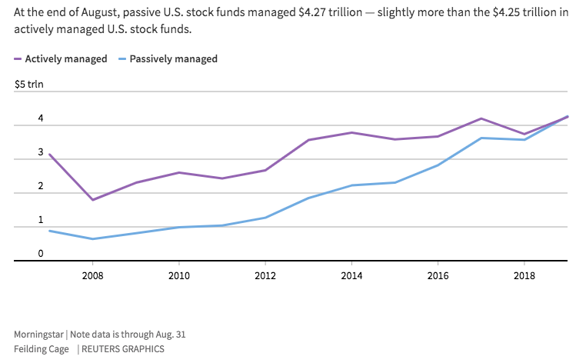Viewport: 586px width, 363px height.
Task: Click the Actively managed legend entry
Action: click(61, 59)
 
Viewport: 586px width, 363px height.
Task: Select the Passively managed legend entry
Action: click(168, 59)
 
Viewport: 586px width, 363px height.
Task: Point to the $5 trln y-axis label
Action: click(28, 84)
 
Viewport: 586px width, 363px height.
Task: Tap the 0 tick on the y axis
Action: click(41, 254)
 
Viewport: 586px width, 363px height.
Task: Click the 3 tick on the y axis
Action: click(41, 152)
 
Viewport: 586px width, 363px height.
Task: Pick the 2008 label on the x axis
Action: click(93, 276)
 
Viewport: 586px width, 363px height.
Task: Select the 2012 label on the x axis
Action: click(265, 276)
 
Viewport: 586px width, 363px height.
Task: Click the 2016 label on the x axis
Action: click(438, 276)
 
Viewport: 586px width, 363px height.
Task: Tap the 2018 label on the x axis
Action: click(524, 276)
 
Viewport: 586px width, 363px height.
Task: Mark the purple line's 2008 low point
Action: click(93, 200)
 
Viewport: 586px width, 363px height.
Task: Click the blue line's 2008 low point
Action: click(93, 239)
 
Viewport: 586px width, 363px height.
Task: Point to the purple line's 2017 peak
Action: click(481, 118)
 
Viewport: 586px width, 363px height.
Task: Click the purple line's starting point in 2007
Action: click(50, 155)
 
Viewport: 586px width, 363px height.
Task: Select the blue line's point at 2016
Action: click(438, 165)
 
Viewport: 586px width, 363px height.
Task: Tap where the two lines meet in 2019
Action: click(568, 117)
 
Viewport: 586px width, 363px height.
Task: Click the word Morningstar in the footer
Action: click(38, 335)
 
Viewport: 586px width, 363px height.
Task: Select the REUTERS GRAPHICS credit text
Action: click(123, 349)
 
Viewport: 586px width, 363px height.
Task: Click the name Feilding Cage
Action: click(42, 349)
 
